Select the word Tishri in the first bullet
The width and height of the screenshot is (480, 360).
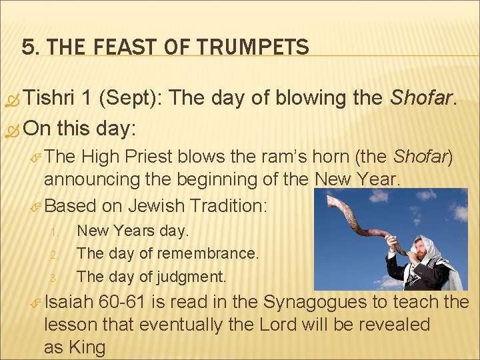point(49,99)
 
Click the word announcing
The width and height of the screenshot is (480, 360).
point(87,179)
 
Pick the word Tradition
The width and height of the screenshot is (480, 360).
point(227,206)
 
